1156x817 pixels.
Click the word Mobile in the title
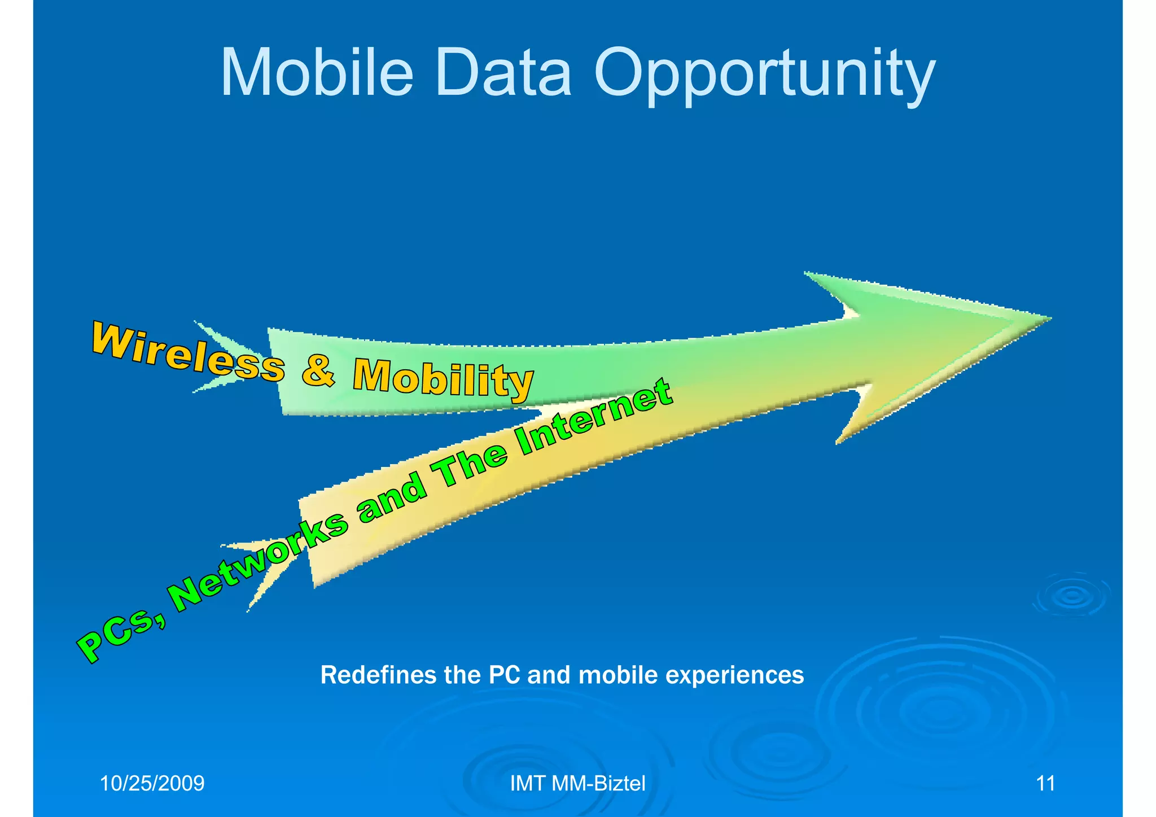click(x=317, y=74)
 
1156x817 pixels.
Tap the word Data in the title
click(x=503, y=74)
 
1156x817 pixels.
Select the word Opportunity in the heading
click(x=764, y=76)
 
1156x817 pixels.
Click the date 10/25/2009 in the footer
click(x=152, y=784)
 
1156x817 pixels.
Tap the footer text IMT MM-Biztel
click(x=577, y=784)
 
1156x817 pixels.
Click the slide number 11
click(x=1045, y=784)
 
